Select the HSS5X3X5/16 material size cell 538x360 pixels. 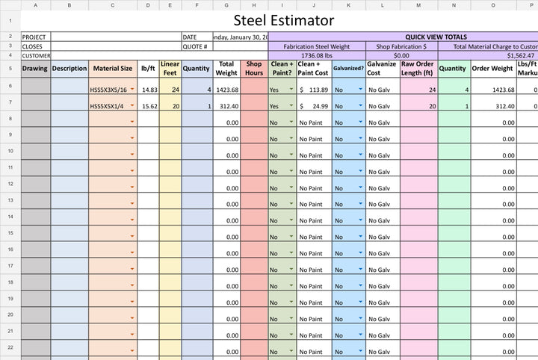[x=109, y=90]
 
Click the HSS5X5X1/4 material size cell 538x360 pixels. [x=108, y=106]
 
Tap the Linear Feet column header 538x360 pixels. [x=170, y=68]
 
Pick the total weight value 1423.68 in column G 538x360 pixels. [x=226, y=90]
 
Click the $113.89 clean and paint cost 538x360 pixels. [x=314, y=90]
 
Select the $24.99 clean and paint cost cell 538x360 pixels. [x=314, y=106]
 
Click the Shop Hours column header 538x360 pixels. [x=254, y=68]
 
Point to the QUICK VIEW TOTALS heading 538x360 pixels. [x=436, y=36]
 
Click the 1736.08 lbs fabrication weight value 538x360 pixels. [x=317, y=55]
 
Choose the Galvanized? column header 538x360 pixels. [x=348, y=68]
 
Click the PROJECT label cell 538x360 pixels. [x=35, y=37]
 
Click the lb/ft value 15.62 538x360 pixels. [x=149, y=106]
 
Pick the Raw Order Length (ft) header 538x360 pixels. [x=417, y=68]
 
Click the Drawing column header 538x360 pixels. [x=35, y=69]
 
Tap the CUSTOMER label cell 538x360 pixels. [x=35, y=55]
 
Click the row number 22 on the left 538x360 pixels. [x=10, y=347]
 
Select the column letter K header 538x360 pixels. [x=348, y=5]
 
